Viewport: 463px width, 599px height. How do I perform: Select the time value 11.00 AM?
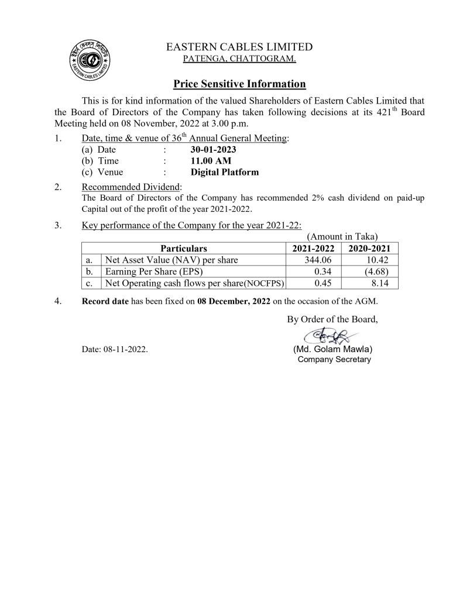click(x=207, y=161)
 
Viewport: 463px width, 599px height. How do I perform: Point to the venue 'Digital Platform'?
click(x=225, y=172)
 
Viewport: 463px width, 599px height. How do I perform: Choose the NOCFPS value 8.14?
click(x=375, y=284)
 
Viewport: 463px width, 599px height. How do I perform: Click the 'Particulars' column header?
click(x=184, y=249)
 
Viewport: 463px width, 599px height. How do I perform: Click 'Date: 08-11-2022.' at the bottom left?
click(x=115, y=350)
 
